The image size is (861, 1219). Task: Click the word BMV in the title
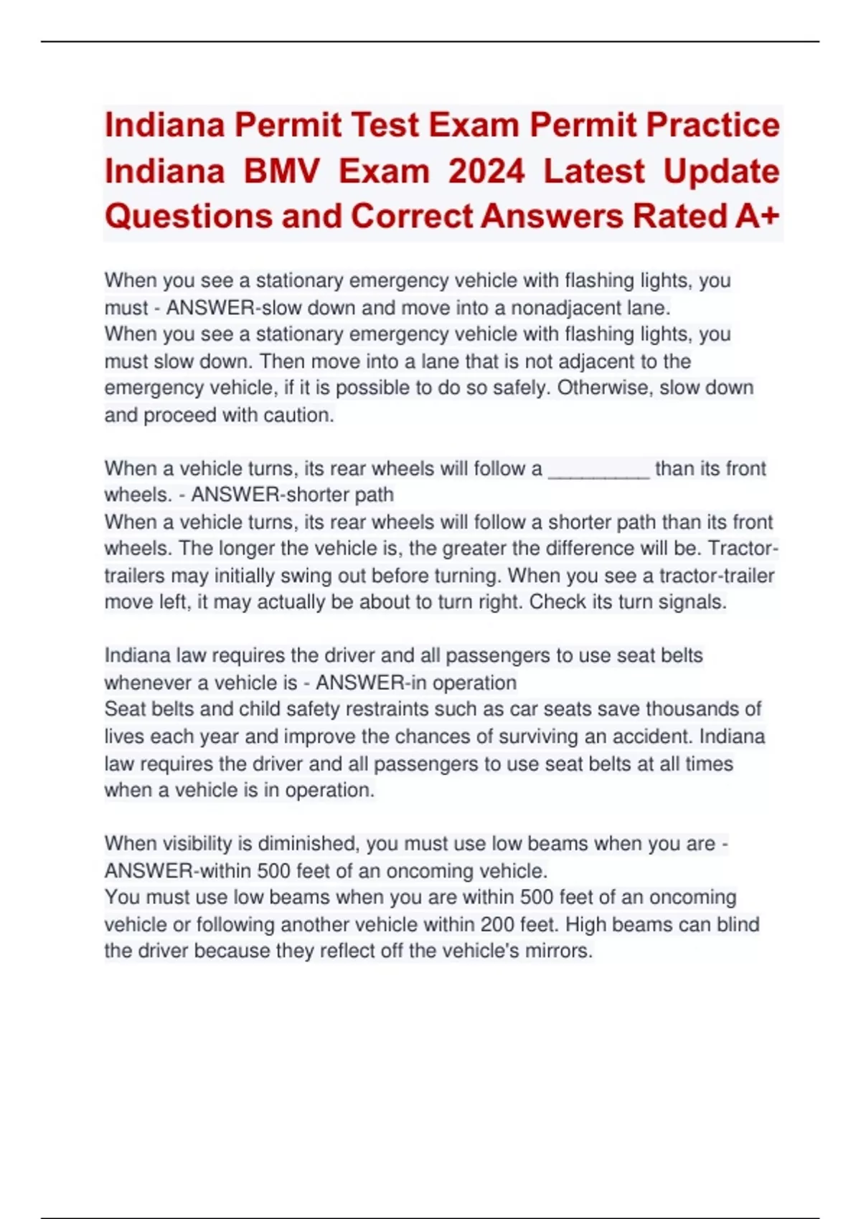click(x=281, y=171)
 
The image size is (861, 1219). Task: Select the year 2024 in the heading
click(x=486, y=171)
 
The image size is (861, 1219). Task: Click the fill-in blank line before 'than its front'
click(x=599, y=470)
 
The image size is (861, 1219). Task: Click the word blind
click(x=738, y=924)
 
